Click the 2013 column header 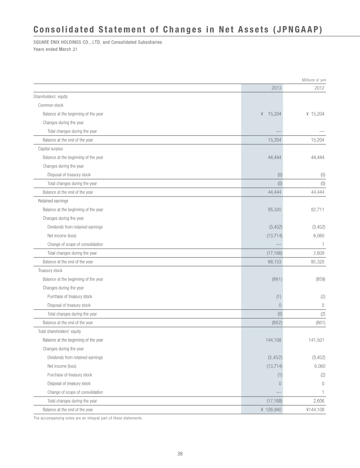(x=276, y=88)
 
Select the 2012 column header (x=319, y=88)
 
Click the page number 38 (x=180, y=454)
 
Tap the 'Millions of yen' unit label (x=314, y=80)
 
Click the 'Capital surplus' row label (x=50, y=149)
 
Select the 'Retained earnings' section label (x=53, y=201)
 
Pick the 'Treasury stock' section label (x=50, y=270)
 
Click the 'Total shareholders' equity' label (x=59, y=331)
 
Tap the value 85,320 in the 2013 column (x=274, y=209)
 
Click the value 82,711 (x=318, y=209)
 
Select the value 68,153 (x=274, y=262)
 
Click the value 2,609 (x=319, y=253)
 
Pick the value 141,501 (x=316, y=340)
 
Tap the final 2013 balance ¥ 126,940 (x=271, y=410)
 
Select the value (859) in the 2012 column (x=320, y=279)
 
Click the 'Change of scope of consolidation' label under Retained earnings (x=75, y=244)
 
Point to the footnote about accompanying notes (x=88, y=418)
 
